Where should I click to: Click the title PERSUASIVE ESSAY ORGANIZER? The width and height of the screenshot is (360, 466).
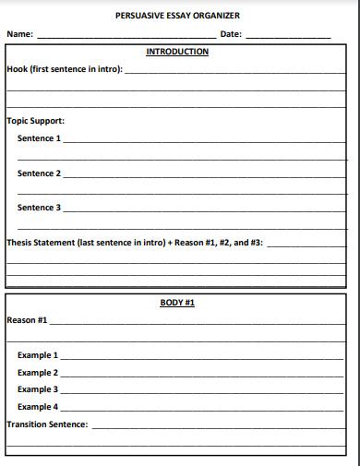(x=177, y=16)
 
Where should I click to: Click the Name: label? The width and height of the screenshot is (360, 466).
(x=20, y=34)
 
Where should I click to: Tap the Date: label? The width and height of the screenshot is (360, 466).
(x=231, y=34)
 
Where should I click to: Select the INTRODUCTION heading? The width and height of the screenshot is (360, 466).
(x=177, y=52)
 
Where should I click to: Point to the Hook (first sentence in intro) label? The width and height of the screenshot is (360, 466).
(x=64, y=69)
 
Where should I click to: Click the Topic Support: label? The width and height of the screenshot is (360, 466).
(x=35, y=121)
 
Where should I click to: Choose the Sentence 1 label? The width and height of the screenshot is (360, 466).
(x=39, y=138)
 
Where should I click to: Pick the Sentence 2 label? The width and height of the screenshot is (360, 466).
(x=39, y=173)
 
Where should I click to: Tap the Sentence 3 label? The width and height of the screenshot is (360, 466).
(x=39, y=208)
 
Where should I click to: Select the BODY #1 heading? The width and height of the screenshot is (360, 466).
(x=177, y=303)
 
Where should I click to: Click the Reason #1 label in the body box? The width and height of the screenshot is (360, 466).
(x=27, y=320)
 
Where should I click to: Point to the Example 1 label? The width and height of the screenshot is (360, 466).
(x=38, y=355)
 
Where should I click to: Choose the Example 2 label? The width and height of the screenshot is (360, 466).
(x=38, y=373)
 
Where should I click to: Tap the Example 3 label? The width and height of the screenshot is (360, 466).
(x=38, y=389)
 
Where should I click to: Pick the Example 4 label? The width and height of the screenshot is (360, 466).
(x=38, y=407)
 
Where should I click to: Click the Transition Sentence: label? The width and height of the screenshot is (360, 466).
(x=47, y=424)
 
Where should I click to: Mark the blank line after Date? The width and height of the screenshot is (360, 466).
(x=287, y=37)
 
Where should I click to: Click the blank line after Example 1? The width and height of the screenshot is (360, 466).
(x=203, y=358)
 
